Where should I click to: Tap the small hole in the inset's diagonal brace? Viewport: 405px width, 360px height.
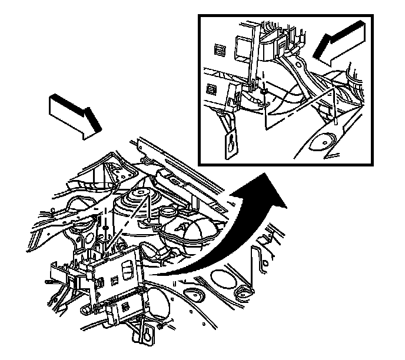297,61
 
